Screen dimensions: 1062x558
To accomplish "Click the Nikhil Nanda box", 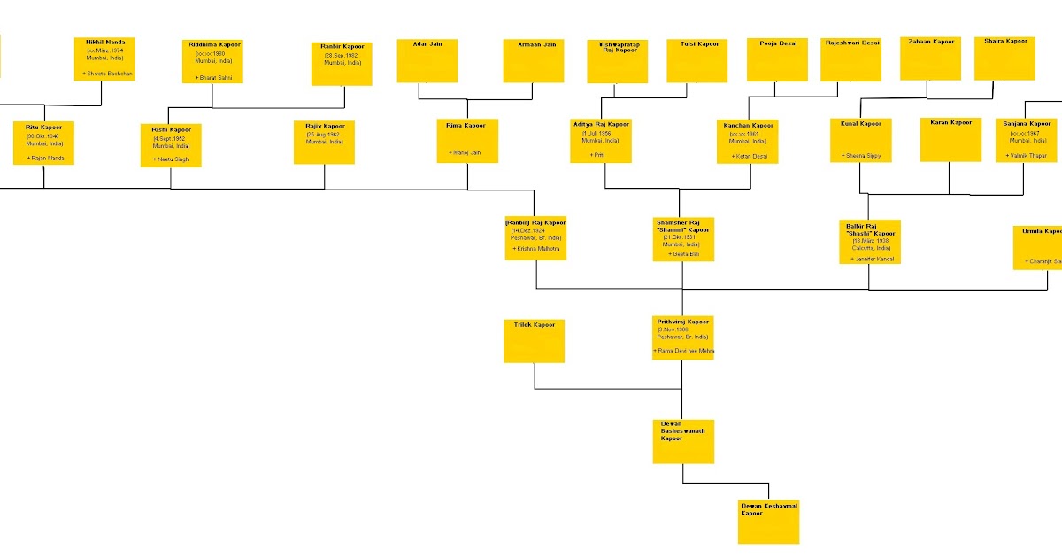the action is click(x=104, y=58).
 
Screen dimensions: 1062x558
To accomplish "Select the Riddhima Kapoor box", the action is click(x=213, y=61).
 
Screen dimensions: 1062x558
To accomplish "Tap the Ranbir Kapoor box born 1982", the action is click(x=342, y=64).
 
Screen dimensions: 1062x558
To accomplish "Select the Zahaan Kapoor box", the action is click(x=931, y=58).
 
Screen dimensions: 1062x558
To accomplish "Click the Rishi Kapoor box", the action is click(x=171, y=145).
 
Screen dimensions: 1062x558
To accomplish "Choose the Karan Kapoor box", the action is click(x=950, y=140).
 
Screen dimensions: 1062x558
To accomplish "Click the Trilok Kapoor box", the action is click(x=535, y=341).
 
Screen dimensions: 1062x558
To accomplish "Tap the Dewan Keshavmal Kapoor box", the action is click(x=769, y=522).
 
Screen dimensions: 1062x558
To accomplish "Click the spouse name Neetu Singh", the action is click(x=172, y=159).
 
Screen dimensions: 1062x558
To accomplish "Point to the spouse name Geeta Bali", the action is click(x=681, y=253).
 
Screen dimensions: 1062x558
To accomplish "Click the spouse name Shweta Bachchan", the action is click(x=109, y=74).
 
